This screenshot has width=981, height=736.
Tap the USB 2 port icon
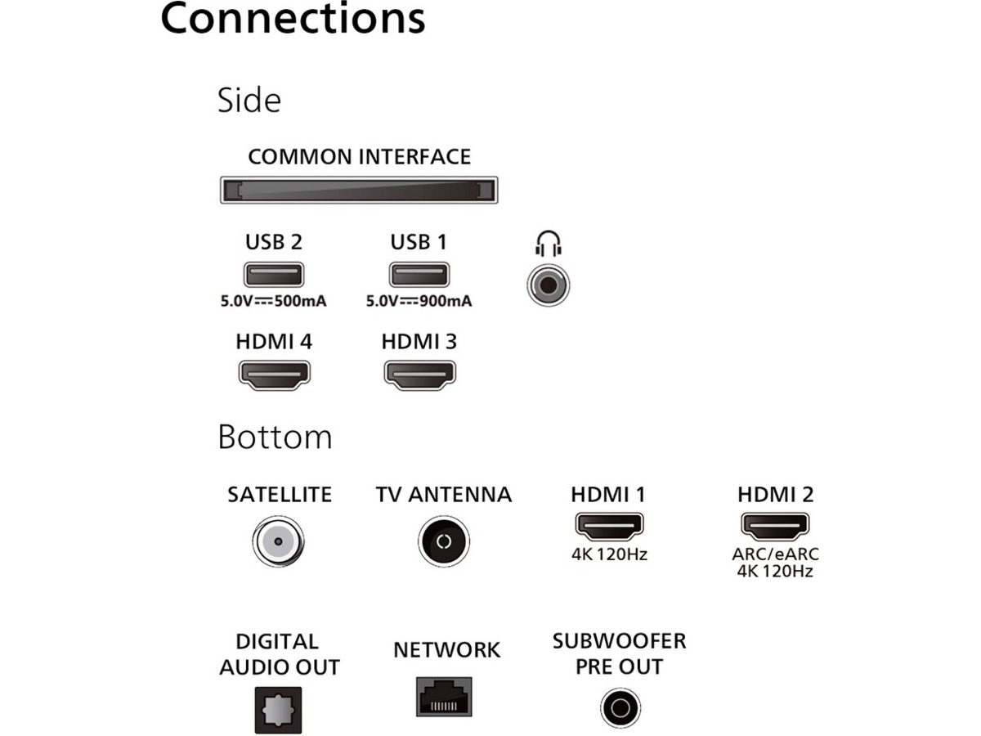click(273, 274)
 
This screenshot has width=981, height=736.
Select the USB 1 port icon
click(419, 274)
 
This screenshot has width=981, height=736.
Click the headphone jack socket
click(549, 285)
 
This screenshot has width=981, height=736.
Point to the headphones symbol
click(549, 244)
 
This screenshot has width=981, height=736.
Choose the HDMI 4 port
click(274, 374)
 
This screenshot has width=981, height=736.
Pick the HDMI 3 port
click(419, 374)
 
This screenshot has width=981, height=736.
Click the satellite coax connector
click(278, 541)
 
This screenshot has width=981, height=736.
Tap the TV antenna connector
click(444, 541)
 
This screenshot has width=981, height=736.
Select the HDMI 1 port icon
click(609, 526)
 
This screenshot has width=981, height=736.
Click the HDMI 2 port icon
click(774, 526)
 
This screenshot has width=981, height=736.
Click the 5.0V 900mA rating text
click(419, 302)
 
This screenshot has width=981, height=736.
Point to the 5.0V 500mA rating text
click(273, 302)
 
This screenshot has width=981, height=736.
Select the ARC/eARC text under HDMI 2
click(775, 555)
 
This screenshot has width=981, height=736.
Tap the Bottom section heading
click(275, 438)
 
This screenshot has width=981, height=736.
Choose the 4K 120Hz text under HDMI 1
click(609, 555)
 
